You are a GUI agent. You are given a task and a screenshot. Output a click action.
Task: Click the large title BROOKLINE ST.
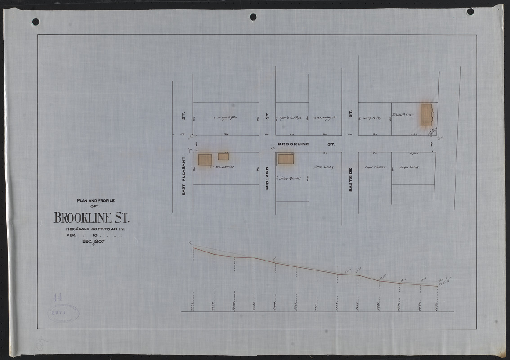click(91, 219)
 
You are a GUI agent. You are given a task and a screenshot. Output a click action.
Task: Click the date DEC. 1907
click(94, 241)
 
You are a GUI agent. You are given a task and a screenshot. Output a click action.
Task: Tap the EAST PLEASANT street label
click(183, 176)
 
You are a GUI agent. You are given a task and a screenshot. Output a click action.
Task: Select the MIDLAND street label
click(267, 179)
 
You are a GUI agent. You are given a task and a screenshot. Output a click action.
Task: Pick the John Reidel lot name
click(289, 178)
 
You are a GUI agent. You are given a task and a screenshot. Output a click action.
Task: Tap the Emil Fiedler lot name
click(375, 167)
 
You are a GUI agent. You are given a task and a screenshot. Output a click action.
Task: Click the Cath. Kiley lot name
click(372, 118)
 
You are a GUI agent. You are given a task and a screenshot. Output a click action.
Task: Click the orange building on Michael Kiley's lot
click(426, 115)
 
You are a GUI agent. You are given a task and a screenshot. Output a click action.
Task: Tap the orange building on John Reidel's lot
click(286, 159)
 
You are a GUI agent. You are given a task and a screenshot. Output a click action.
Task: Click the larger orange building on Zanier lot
click(205, 160)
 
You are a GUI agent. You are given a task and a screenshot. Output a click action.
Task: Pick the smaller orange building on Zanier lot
click(224, 157)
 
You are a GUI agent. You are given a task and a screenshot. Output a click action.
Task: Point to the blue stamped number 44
click(57, 297)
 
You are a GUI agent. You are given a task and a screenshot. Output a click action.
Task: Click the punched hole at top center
click(253, 17)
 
